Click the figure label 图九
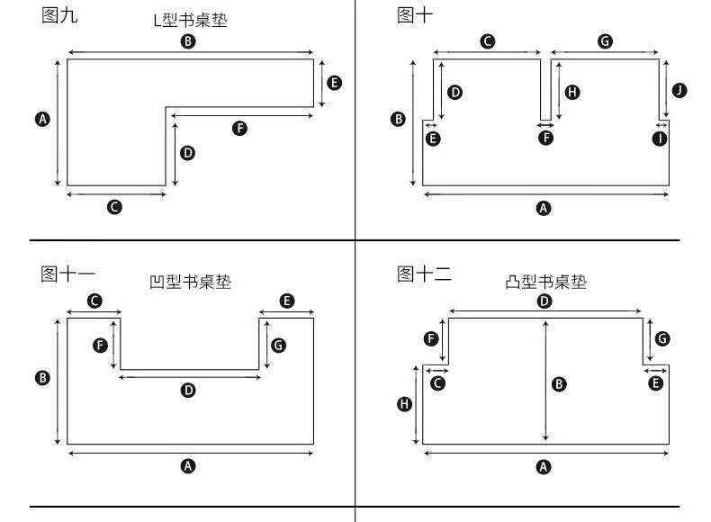point(59,15)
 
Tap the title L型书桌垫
point(191,20)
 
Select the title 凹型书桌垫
point(191,282)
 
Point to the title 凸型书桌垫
point(546,282)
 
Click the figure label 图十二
point(424,274)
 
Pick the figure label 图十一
point(68,274)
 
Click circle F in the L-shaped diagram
point(240,129)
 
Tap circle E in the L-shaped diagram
point(334,83)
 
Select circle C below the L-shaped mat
point(114,207)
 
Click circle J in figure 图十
point(679,90)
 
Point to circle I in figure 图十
point(660,139)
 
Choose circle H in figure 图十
point(572,93)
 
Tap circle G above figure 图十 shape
point(605,41)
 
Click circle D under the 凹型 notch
point(188,390)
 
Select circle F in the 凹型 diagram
point(100,346)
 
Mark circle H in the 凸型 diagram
point(404,403)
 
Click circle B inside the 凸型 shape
point(559,384)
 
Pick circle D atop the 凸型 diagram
point(544,301)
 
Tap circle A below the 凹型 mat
point(188,466)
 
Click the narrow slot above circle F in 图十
point(546,89)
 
